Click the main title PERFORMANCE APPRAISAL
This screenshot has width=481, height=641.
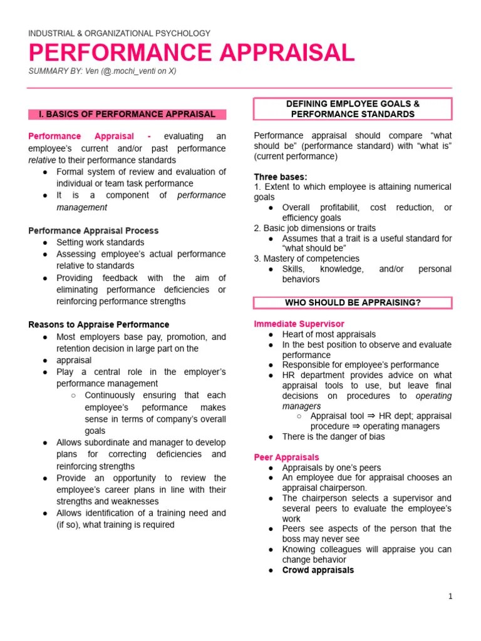192,53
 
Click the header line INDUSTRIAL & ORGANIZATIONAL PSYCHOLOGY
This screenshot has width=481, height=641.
120,33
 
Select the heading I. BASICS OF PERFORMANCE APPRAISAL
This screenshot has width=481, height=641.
127,115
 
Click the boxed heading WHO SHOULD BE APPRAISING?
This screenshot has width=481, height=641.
353,303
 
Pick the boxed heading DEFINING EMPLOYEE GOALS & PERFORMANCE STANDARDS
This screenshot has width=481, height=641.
353,109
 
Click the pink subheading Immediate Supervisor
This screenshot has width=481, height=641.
299,324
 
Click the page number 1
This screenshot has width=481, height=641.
450,597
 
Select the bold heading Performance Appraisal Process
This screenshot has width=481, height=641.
93,231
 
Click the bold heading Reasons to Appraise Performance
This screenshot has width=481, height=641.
98,325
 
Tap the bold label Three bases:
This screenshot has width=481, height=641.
281,177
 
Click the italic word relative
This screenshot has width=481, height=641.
41,160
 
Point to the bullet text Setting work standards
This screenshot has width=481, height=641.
100,242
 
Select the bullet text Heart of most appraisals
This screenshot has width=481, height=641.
329,335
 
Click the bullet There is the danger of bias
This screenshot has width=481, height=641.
333,437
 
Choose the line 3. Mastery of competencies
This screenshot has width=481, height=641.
306,259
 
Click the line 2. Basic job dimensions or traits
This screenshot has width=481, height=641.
314,228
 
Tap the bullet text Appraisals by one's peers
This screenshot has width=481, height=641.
331,468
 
